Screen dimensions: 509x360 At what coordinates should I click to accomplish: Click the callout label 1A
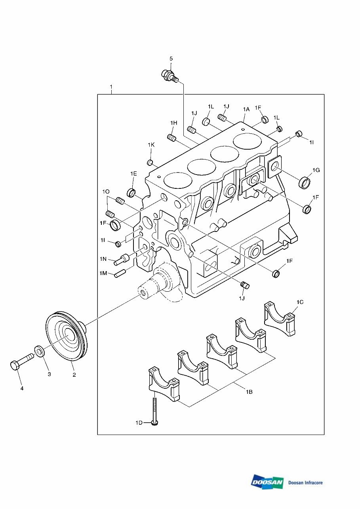click(246, 109)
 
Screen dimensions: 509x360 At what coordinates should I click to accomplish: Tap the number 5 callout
click(171, 59)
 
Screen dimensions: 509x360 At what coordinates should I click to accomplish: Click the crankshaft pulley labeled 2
click(66, 335)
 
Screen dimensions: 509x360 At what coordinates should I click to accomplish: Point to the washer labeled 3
click(40, 351)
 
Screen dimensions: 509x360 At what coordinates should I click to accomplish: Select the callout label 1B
click(249, 392)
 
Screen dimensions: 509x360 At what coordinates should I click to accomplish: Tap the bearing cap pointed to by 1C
click(279, 319)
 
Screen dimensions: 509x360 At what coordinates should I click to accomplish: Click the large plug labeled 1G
click(304, 183)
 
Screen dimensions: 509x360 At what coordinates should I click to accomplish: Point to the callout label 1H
click(173, 123)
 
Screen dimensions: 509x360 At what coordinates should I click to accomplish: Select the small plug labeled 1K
click(150, 163)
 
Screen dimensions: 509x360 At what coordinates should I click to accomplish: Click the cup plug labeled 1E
click(132, 193)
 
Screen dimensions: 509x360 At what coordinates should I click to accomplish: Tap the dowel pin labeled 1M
click(120, 273)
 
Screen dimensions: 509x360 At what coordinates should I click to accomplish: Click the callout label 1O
click(106, 192)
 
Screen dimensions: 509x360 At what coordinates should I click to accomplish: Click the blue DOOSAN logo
click(267, 482)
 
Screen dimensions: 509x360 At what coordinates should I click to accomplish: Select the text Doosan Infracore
click(305, 482)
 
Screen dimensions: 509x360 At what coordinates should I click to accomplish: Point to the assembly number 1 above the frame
click(111, 87)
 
